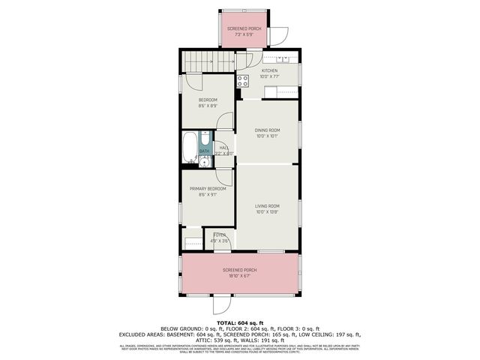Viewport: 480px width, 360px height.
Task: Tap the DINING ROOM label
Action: [x=267, y=130]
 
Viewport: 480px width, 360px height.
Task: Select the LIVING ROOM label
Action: [x=267, y=205]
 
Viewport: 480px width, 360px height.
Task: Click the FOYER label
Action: [x=219, y=235]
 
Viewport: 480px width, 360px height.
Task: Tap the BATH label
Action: [x=204, y=151]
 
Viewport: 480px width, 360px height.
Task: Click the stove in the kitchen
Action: [x=243, y=81]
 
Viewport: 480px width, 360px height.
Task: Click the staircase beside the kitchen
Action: [x=208, y=61]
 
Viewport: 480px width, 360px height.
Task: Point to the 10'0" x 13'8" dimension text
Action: [x=267, y=211]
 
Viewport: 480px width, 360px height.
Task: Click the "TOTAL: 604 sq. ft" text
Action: [x=240, y=322]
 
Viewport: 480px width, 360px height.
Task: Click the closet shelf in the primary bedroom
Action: [x=193, y=243]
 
